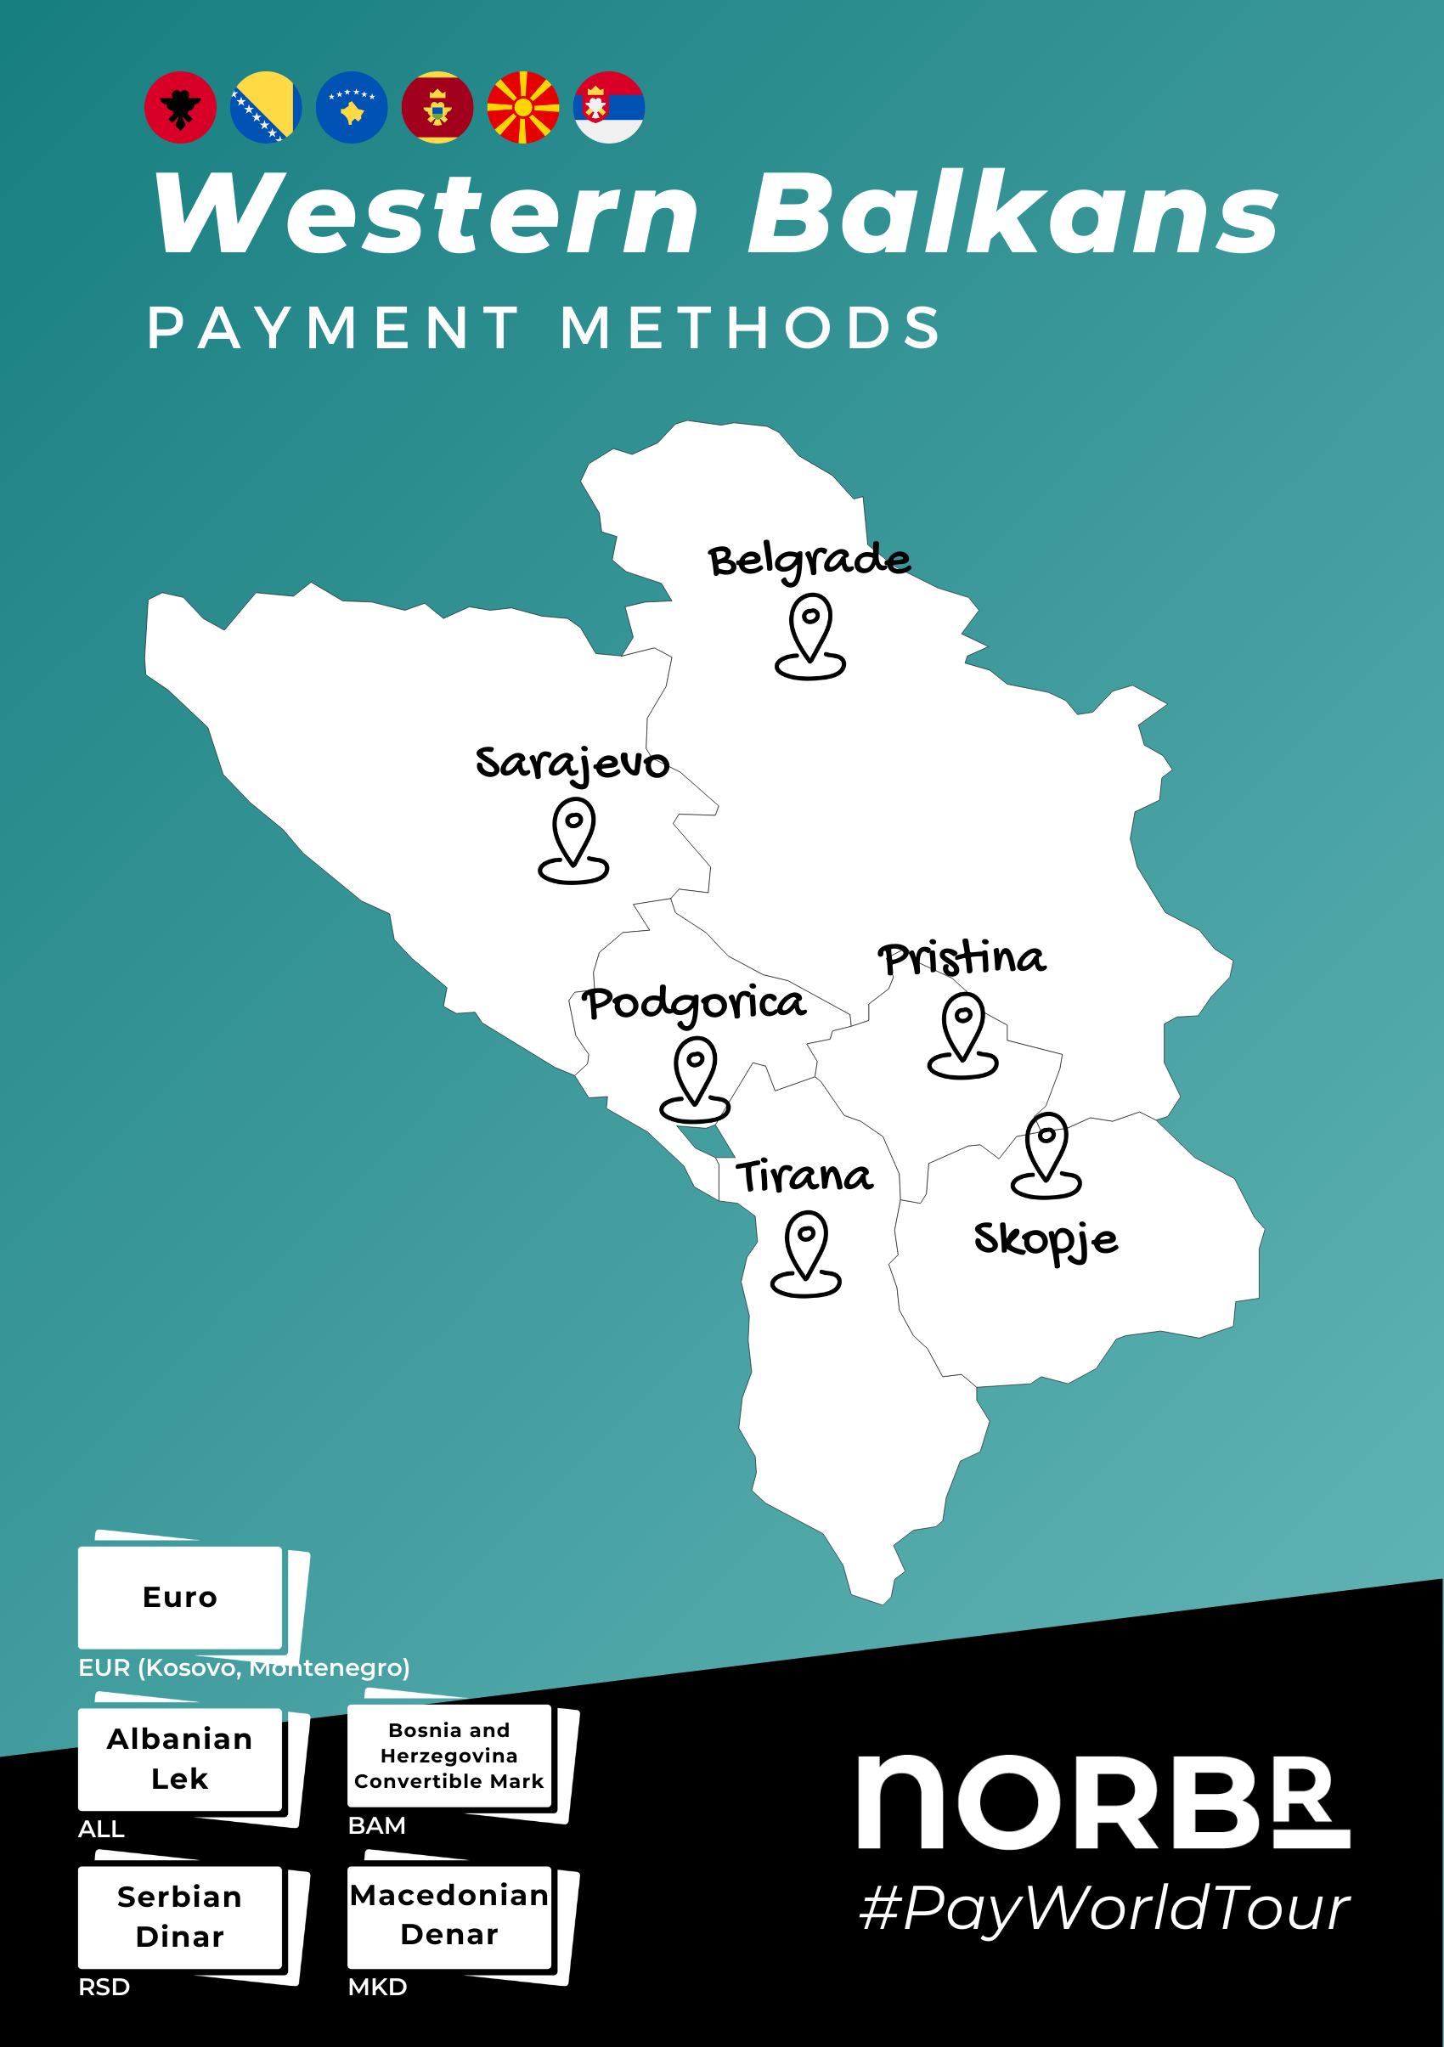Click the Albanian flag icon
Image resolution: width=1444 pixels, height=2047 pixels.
click(180, 108)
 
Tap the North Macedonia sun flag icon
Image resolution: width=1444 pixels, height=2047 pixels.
click(523, 108)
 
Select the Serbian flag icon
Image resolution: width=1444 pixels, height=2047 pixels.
click(609, 108)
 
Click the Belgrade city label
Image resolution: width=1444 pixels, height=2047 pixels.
click(809, 561)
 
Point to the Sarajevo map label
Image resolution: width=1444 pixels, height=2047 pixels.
click(572, 764)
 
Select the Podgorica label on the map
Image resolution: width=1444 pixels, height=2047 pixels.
click(693, 1004)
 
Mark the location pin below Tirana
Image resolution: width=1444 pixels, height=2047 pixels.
click(806, 1253)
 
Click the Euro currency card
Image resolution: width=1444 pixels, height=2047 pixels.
click(180, 1598)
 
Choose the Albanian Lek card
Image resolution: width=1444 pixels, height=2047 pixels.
click(180, 1759)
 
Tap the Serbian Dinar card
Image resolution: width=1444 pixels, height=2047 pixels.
click(180, 1917)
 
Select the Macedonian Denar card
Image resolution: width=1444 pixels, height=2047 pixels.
click(449, 1915)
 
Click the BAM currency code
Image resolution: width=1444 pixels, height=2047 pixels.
click(376, 1826)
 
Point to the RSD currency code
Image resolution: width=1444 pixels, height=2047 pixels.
click(104, 1988)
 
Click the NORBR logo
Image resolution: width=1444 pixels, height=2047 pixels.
click(1103, 1801)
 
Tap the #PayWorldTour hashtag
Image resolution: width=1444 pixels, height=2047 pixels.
click(1104, 1909)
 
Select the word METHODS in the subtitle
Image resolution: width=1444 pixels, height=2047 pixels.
click(751, 327)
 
